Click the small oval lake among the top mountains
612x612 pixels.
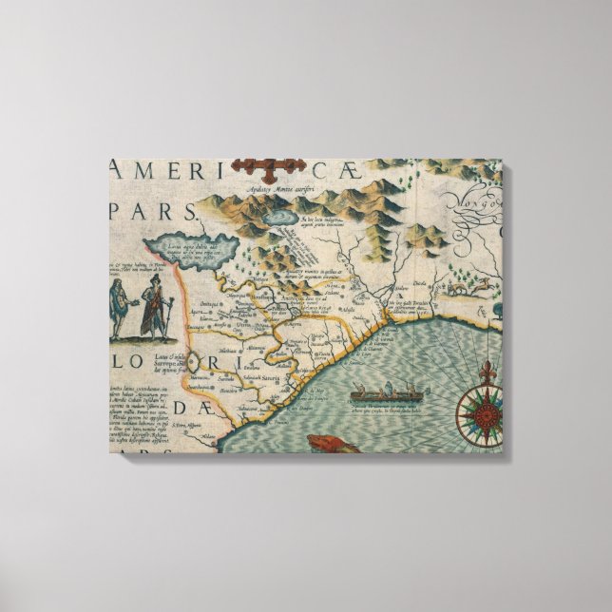tap(282, 218)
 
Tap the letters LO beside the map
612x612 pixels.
tap(132, 364)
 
